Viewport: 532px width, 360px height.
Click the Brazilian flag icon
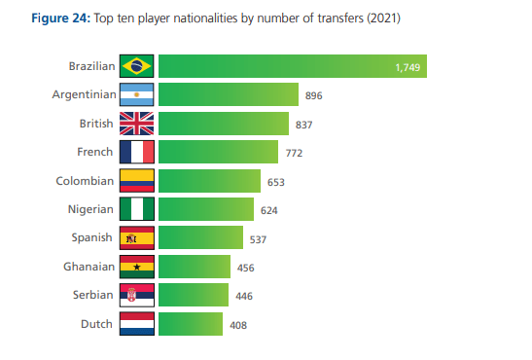137,66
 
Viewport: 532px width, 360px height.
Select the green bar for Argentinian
228,94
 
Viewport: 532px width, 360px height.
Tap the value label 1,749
408,67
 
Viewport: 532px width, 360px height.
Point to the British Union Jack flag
137,124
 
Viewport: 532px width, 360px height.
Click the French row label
95,152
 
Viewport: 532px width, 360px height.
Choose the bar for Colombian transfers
209,181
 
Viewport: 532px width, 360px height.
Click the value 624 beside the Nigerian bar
269,210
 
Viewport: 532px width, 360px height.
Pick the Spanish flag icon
137,238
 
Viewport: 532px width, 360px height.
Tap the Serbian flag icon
137,296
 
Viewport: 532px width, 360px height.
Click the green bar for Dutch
191,324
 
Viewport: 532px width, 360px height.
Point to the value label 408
238,325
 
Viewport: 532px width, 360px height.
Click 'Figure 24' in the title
46,18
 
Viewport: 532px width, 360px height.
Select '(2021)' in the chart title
381,18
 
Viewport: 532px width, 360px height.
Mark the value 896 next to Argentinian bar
313,95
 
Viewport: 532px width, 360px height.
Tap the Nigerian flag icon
137,209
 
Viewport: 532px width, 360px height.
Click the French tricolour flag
137,152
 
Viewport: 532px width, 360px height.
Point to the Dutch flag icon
137,324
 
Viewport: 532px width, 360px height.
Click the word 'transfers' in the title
337,18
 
